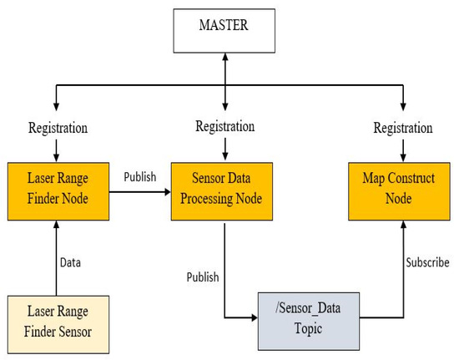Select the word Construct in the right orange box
(404, 183)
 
